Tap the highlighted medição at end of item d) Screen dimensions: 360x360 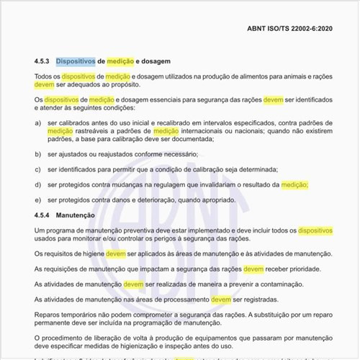tap(294, 184)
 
